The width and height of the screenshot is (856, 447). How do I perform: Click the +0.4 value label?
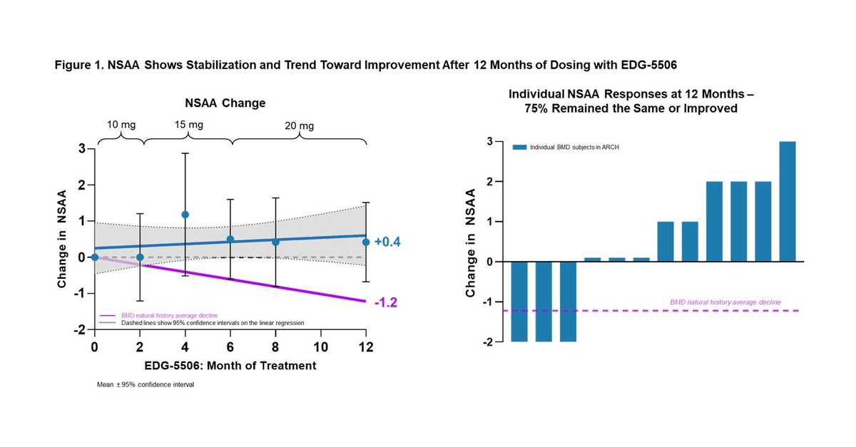pyautogui.click(x=387, y=242)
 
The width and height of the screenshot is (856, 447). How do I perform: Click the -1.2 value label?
pyautogui.click(x=385, y=302)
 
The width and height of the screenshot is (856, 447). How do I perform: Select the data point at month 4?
pyautogui.click(x=185, y=215)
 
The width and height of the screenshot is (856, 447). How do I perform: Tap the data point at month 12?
pyautogui.click(x=366, y=242)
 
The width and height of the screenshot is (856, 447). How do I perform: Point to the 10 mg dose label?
pyautogui.click(x=121, y=124)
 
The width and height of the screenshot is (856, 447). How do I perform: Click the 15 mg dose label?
pyautogui.click(x=188, y=124)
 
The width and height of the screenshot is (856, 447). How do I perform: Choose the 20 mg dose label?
pyautogui.click(x=300, y=126)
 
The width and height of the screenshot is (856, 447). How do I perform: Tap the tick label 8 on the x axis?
pyautogui.click(x=275, y=347)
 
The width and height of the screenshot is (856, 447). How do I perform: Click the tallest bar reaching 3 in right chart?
pyautogui.click(x=788, y=202)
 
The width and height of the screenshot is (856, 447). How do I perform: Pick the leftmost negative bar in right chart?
pyautogui.click(x=520, y=302)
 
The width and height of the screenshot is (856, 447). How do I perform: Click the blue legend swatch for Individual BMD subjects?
pyautogui.click(x=519, y=147)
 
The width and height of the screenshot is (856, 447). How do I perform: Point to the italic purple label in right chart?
pyautogui.click(x=725, y=302)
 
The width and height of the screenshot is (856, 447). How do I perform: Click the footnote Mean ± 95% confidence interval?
pyautogui.click(x=146, y=384)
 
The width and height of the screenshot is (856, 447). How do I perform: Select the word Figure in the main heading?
pyautogui.click(x=72, y=64)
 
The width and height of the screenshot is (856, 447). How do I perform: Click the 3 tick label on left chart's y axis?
pyautogui.click(x=82, y=149)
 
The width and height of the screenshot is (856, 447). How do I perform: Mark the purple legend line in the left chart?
pyautogui.click(x=108, y=314)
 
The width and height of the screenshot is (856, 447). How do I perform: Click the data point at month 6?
pyautogui.click(x=230, y=240)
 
